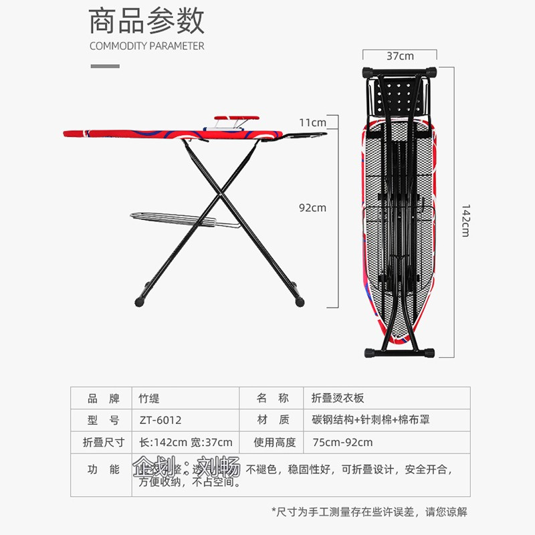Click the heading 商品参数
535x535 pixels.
pos(146,21)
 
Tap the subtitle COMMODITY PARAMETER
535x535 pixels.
pos(146,46)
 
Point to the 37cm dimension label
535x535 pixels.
pos(399,56)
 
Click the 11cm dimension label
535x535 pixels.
pos(312,122)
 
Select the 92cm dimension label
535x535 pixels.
pos(312,207)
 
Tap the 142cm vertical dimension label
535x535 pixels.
pos(465,220)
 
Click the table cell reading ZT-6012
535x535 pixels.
pos(160,420)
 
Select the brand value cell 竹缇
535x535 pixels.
pos(150,398)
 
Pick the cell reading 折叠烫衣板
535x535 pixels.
pos(338,398)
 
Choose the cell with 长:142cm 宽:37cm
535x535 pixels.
pos(185,442)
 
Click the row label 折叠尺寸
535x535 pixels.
pos(103,442)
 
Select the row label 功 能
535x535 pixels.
pos(103,469)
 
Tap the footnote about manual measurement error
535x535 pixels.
pos(369,512)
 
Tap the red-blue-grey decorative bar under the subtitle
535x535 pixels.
pos(105,66)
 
